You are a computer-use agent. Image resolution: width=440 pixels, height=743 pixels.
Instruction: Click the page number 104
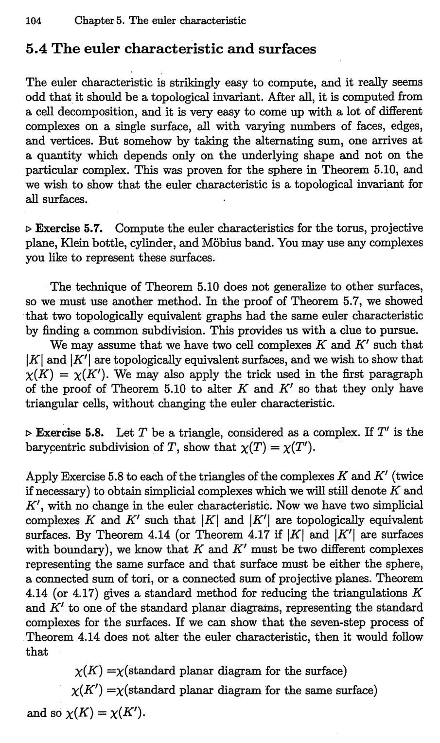(x=34, y=20)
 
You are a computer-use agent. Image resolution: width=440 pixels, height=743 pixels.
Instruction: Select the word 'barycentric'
(x=54, y=447)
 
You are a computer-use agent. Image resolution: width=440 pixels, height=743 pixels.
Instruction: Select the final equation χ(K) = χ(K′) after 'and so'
(x=105, y=713)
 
